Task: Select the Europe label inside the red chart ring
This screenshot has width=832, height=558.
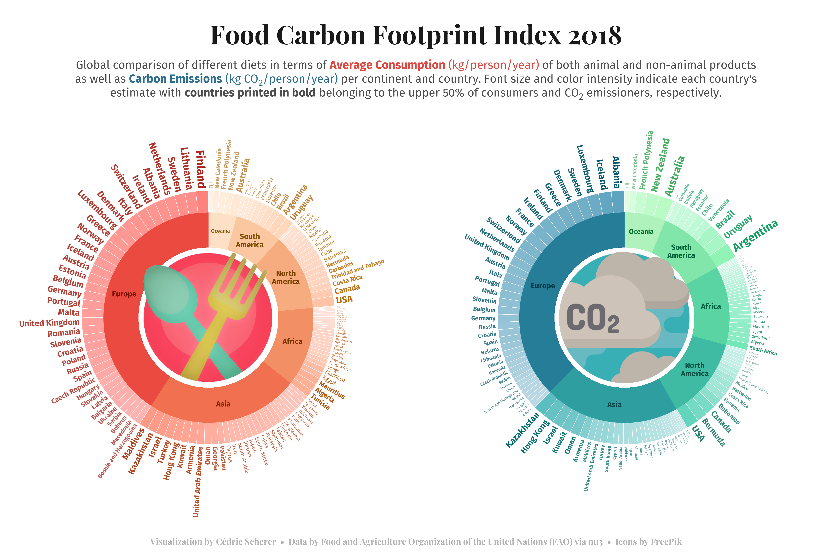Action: [124, 294]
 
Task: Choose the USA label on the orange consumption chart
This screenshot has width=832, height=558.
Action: [344, 300]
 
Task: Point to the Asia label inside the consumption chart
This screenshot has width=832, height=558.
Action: [223, 404]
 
